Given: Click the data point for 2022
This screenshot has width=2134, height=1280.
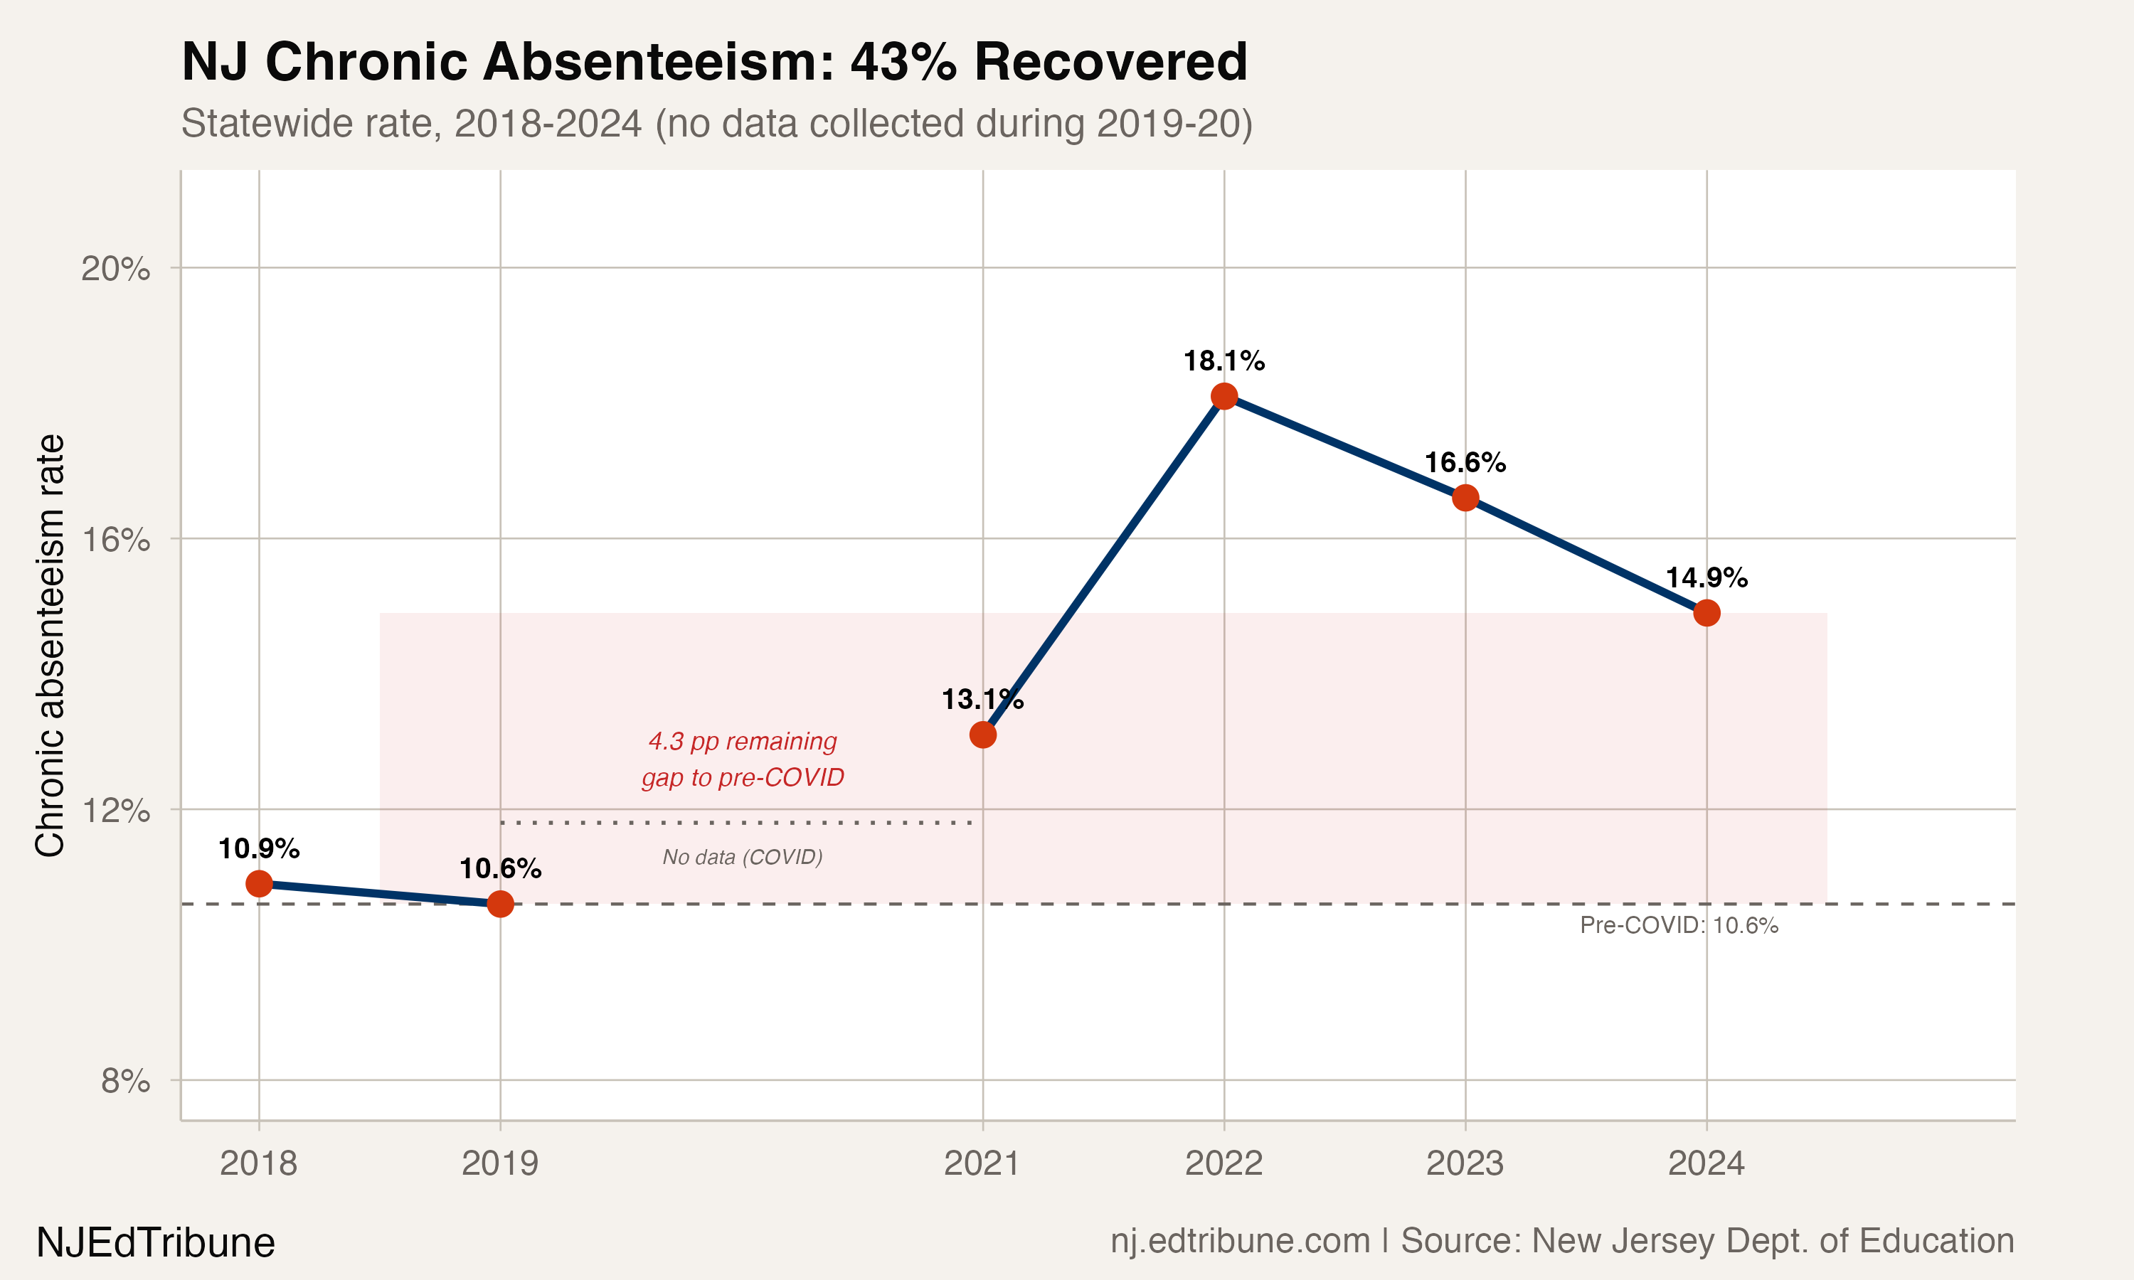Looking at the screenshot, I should [x=1224, y=397].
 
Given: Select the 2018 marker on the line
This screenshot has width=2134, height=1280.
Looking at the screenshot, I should [x=259, y=883].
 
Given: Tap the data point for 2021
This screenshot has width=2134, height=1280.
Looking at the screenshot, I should [x=982, y=735].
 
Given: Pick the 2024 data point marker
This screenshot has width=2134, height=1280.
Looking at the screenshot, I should [x=1706, y=613].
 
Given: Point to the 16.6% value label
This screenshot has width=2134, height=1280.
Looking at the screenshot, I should [x=1465, y=462].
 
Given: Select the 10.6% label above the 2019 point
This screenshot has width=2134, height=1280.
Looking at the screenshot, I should [x=500, y=868].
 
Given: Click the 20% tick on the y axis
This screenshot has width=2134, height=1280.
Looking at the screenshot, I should [x=115, y=268].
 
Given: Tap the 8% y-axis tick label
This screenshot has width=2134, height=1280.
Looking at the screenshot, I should [x=125, y=1081].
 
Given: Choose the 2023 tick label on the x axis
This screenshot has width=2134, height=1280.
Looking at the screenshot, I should [x=1465, y=1163].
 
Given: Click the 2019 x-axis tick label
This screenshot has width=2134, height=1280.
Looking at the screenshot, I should [x=500, y=1163].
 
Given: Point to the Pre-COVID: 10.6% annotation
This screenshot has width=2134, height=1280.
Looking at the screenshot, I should [x=1679, y=925].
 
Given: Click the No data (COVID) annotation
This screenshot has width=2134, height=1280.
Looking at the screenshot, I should [x=742, y=856].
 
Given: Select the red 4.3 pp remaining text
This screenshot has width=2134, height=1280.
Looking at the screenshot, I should [x=742, y=741].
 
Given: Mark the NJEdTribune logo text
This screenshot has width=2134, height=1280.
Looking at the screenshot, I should [x=155, y=1243].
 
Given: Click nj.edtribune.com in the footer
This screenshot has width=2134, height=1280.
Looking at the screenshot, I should [x=1240, y=1240].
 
